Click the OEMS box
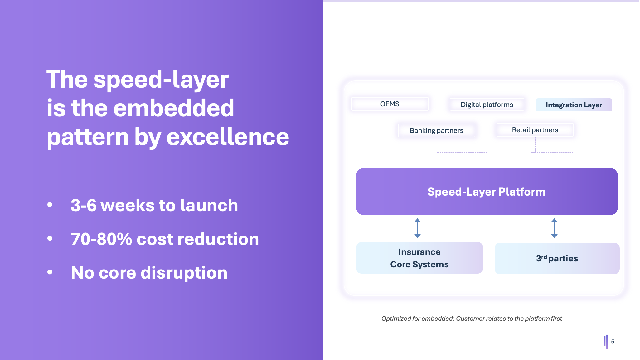click(390, 104)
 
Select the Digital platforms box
click(487, 105)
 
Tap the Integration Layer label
click(574, 105)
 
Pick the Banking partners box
click(436, 130)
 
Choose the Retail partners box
click(535, 130)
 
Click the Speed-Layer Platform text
click(486, 192)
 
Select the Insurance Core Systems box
click(419, 258)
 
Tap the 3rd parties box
click(557, 258)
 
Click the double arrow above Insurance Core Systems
click(417, 228)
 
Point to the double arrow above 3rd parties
click(554, 228)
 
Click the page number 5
click(613, 342)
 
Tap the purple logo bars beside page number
click(606, 342)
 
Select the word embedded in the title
click(173, 108)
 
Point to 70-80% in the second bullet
click(101, 239)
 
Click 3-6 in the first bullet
click(83, 205)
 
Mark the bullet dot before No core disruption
click(50, 272)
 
